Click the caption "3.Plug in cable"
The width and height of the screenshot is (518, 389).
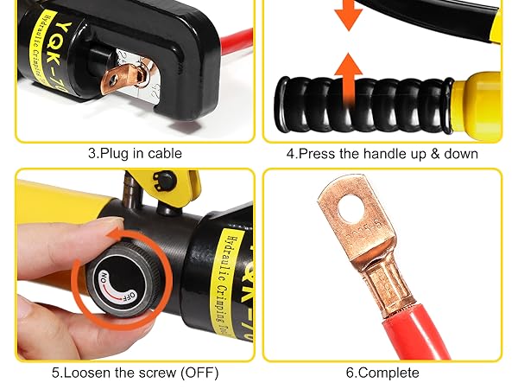[x=135, y=153]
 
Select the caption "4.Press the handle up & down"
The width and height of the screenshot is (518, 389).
[x=382, y=153]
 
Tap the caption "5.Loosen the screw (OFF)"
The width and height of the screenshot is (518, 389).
[x=135, y=373]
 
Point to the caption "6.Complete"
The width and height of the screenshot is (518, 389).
[x=382, y=373]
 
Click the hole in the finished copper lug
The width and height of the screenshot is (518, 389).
[x=350, y=206]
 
